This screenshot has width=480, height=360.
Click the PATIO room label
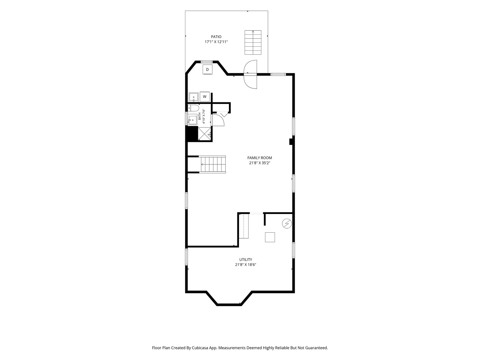click(216, 37)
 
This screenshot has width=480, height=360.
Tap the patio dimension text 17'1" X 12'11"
click(216, 42)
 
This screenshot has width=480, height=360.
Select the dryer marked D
click(207, 70)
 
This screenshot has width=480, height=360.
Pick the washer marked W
click(205, 97)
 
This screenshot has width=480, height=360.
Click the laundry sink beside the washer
click(194, 97)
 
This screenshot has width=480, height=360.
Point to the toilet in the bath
click(193, 108)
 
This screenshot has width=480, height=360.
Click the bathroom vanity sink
click(192, 120)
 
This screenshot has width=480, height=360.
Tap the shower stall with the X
click(205, 134)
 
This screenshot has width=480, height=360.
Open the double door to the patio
click(251, 75)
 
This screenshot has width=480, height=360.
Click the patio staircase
click(253, 42)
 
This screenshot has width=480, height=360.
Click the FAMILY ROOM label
click(260, 158)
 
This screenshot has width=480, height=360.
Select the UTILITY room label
click(246, 260)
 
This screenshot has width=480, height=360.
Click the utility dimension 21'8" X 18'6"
click(246, 265)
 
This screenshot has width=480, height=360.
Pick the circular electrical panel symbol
click(287, 224)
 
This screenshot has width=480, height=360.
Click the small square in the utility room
click(270, 237)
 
